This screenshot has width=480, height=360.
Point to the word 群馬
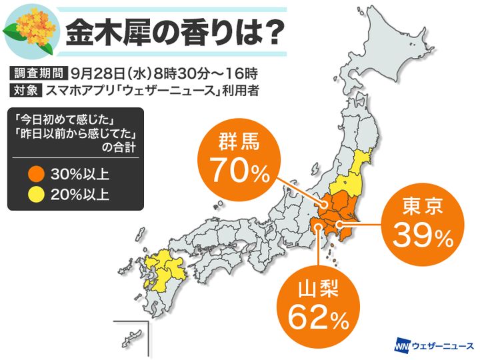pos(238,142)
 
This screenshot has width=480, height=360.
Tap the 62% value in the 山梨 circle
pos(318,318)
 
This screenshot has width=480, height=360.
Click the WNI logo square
pos(401,346)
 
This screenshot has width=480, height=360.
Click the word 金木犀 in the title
pos(114,31)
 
